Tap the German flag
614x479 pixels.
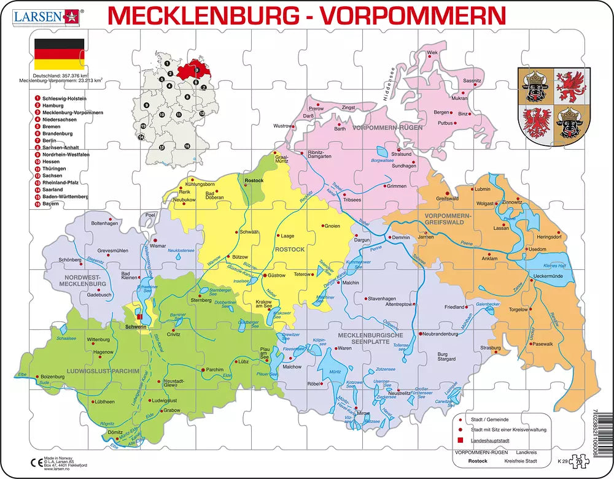(59, 54)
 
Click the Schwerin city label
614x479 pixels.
(136, 326)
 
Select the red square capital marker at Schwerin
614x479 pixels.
(140, 317)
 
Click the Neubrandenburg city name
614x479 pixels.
(441, 334)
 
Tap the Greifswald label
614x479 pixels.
(448, 199)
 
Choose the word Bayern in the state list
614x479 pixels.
(51, 203)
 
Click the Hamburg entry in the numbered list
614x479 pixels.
(53, 105)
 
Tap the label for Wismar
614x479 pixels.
(158, 245)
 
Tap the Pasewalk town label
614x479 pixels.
(543, 344)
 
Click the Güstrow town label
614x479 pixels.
(278, 276)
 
